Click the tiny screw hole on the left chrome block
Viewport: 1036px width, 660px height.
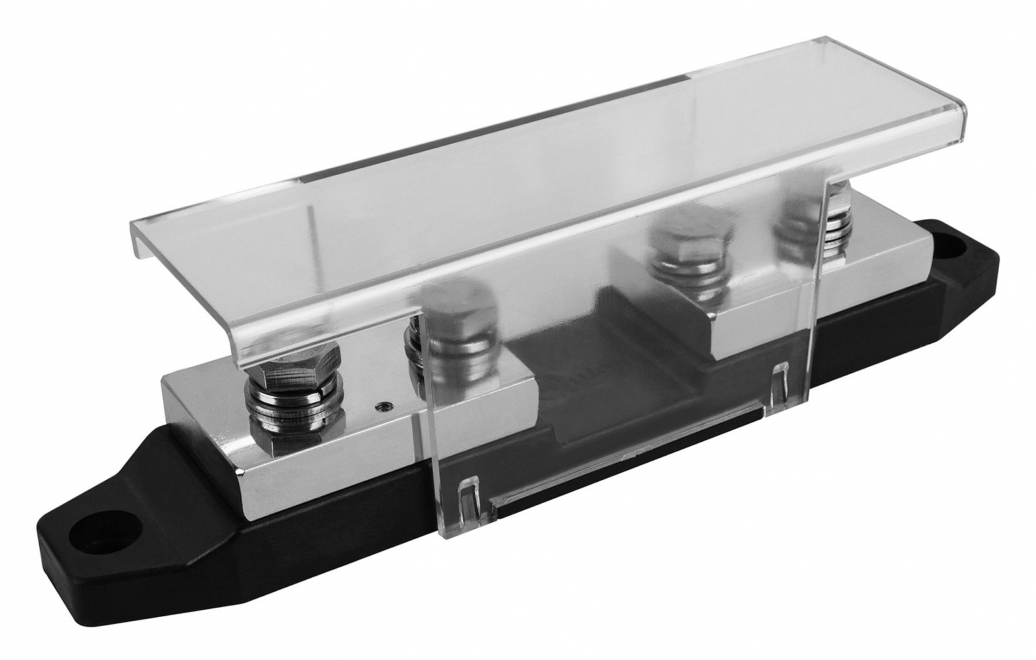(383, 406)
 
